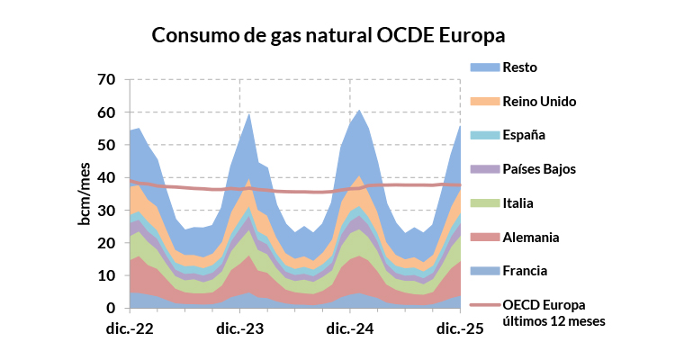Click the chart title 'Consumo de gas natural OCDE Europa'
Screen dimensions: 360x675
pos(329,35)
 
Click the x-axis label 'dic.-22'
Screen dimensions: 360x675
pos(131,328)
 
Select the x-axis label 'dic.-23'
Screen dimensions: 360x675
pos(241,328)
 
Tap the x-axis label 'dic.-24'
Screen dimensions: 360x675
pos(351,328)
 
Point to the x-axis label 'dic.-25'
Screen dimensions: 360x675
pos(461,328)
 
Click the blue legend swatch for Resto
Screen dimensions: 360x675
pos(484,67)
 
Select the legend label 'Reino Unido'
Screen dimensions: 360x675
pos(539,101)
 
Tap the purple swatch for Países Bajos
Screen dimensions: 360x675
pos(484,168)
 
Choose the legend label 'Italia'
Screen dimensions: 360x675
pos(521,202)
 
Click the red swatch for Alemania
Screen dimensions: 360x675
pos(484,237)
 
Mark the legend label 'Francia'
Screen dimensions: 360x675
pos(526,270)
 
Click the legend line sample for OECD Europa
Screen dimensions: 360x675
pos(484,305)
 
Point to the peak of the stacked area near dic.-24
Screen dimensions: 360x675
pos(360,110)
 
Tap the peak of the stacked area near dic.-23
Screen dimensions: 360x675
pos(249,113)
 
